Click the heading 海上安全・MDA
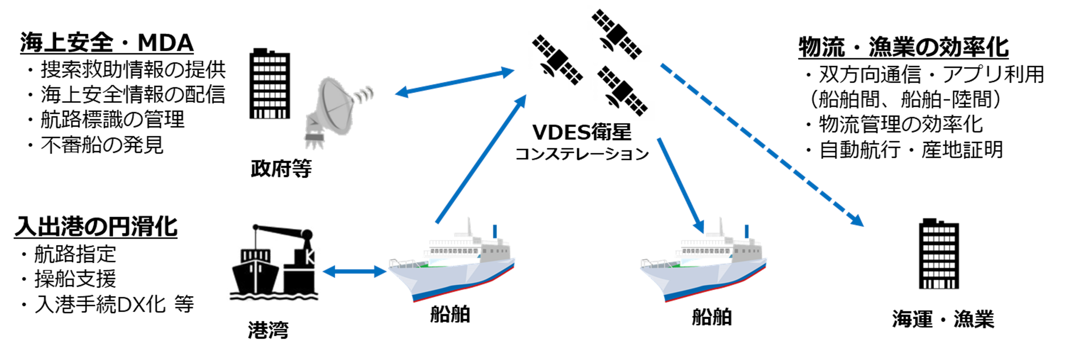point(107,43)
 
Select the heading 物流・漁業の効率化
point(903,47)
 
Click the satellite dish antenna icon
point(334,110)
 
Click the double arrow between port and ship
point(354,272)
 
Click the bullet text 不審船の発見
point(102,145)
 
